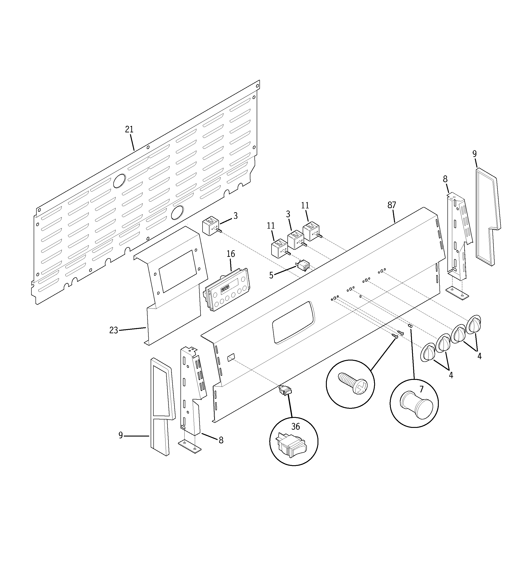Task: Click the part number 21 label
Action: point(129,129)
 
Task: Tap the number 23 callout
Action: point(114,330)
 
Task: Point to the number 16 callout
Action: point(231,254)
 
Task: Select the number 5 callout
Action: point(271,275)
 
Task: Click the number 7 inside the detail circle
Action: point(421,389)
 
